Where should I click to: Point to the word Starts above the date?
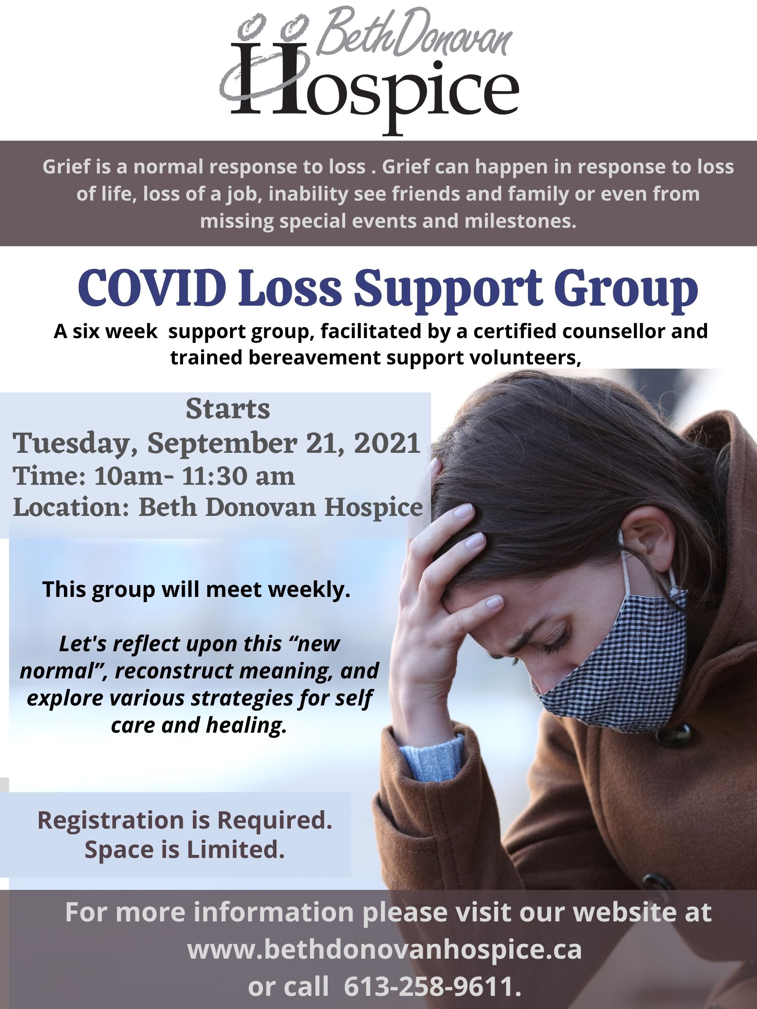(228, 409)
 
